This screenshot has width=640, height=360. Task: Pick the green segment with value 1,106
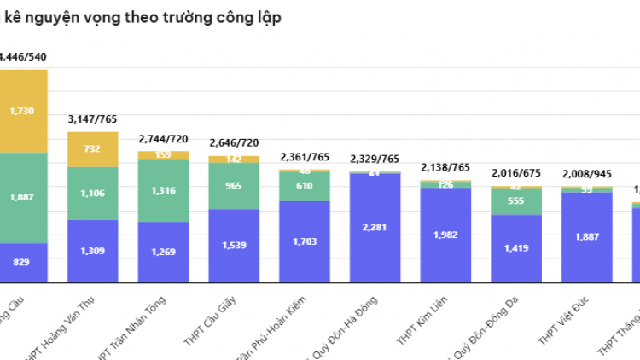pos(92,193)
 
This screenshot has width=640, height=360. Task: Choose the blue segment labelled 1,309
pos(92,250)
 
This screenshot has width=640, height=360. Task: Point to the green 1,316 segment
pos(163,190)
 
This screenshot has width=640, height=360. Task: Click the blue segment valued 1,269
pos(163,252)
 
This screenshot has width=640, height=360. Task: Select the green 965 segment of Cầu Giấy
pos(234,186)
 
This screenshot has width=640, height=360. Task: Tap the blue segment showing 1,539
pos(234,245)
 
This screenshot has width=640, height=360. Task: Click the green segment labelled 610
pos(305,186)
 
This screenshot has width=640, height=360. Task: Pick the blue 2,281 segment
pos(375,227)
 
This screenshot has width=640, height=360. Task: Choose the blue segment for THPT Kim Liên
pos(445,235)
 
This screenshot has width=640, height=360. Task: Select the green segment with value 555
pos(516,200)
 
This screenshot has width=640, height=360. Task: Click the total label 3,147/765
pos(92,119)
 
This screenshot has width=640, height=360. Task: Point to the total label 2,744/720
pos(163,138)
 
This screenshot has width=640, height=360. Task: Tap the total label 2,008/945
pos(587,174)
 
